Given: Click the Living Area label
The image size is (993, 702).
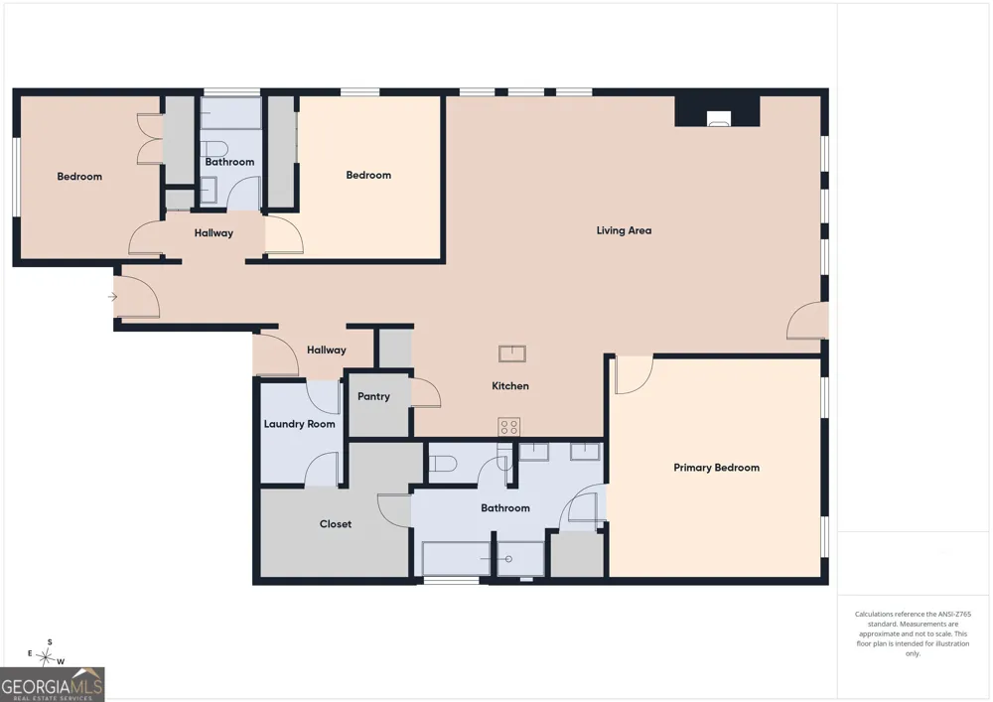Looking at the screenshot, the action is (624, 230).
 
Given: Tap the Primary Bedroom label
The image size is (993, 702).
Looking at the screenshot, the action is (716, 468).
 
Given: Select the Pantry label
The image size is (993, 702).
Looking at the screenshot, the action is (373, 396).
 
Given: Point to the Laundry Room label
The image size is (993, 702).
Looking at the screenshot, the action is (300, 424).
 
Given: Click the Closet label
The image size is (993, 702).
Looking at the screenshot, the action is (336, 524).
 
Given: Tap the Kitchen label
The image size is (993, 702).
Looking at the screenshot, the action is (510, 385).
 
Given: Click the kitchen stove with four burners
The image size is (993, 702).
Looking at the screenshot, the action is (509, 427).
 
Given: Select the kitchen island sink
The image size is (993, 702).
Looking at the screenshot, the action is (511, 353).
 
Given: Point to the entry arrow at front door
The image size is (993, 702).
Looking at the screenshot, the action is (113, 296).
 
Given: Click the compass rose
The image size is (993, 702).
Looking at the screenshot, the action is (46, 656).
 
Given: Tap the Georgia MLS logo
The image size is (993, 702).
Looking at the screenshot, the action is (52, 684).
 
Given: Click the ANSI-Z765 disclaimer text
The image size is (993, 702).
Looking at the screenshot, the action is (913, 633).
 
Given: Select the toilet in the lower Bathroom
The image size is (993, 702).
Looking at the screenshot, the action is (443, 464).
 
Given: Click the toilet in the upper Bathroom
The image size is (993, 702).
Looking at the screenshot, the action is (214, 149).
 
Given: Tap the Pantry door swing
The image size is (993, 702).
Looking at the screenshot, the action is (426, 392).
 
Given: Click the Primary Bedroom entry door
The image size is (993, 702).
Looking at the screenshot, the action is (634, 375).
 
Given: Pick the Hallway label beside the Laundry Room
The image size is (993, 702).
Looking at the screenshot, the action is (327, 350).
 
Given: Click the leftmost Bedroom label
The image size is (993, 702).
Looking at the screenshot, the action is (79, 177).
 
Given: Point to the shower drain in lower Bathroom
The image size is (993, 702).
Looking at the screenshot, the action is (508, 559).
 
